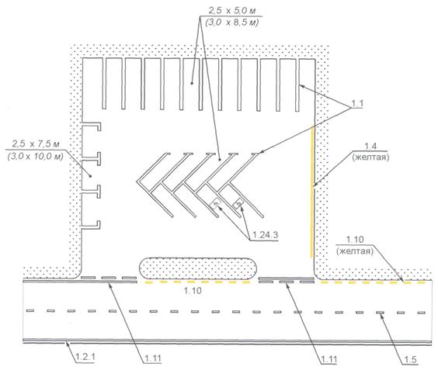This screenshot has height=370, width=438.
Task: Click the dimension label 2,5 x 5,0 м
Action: pyautogui.click(x=232, y=11)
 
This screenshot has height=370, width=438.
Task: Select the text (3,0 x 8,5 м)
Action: pyautogui.click(x=231, y=22)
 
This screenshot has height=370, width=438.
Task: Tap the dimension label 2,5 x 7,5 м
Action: pyautogui.click(x=36, y=144)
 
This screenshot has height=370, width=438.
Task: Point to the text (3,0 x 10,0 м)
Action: pyautogui.click(x=35, y=156)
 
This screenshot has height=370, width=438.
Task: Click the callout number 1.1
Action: pyautogui.click(x=357, y=103)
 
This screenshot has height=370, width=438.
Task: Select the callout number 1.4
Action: pyautogui.click(x=370, y=146)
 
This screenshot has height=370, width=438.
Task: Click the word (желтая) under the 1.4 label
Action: pyautogui.click(x=370, y=157)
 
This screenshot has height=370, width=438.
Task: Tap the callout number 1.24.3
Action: pyautogui.click(x=265, y=235)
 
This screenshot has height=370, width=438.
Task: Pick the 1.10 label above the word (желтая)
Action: pyautogui.click(x=355, y=240)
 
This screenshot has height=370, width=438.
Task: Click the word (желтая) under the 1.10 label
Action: pyautogui.click(x=355, y=251)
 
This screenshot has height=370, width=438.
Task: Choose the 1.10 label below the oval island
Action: pyautogui.click(x=193, y=291)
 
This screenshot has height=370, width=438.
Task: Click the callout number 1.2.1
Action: pyautogui.click(x=85, y=357)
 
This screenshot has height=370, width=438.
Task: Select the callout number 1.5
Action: pyautogui.click(x=410, y=360)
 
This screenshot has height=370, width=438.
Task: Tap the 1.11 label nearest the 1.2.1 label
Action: pyautogui.click(x=153, y=358)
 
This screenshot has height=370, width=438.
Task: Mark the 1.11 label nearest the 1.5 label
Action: pyautogui.click(x=328, y=359)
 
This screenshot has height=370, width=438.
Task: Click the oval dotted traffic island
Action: pyautogui.click(x=198, y=268)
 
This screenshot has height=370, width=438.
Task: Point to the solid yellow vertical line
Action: pyautogui.click(x=312, y=192)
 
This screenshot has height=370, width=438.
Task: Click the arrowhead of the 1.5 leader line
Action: pyautogui.click(x=381, y=313)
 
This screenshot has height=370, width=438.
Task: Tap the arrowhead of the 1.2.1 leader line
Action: pyautogui.click(x=66, y=343)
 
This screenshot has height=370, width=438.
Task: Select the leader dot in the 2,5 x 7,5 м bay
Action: pyautogui.click(x=90, y=176)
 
